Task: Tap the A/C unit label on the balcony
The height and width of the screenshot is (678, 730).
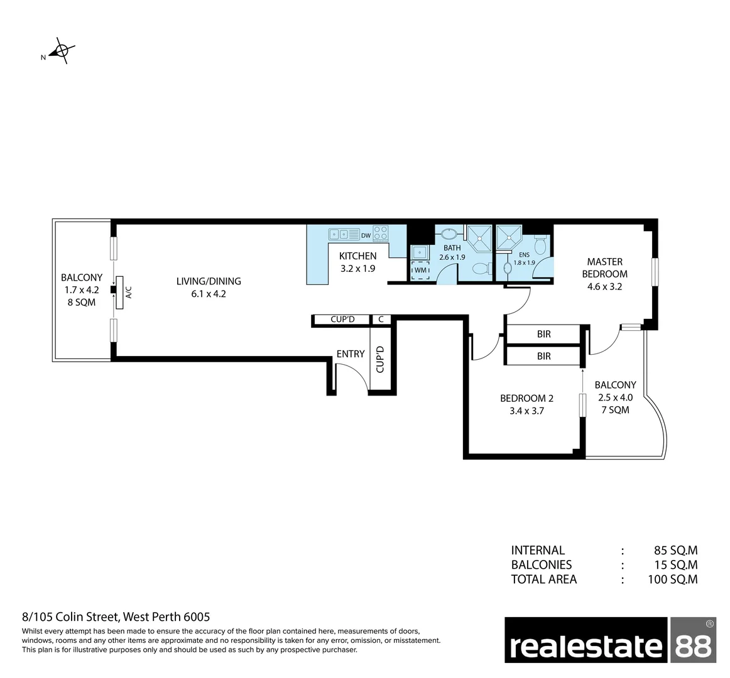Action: tap(128, 293)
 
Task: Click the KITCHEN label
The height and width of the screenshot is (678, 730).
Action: tap(357, 256)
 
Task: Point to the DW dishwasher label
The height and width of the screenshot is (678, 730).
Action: tap(366, 235)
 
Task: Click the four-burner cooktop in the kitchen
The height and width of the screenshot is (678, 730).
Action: tap(380, 234)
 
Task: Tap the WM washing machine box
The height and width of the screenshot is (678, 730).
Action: tap(420, 270)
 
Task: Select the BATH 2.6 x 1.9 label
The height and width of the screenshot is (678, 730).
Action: tap(452, 252)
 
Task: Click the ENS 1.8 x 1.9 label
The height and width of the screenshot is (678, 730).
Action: tap(524, 259)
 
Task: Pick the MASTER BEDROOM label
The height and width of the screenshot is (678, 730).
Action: tap(604, 267)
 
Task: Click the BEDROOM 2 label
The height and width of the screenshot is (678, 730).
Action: tap(526, 398)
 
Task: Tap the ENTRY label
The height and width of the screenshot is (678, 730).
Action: tap(350, 354)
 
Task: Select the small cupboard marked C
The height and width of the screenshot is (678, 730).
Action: tap(381, 320)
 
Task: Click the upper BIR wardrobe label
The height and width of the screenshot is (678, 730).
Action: tap(543, 335)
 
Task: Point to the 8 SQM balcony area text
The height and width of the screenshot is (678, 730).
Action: tap(82, 302)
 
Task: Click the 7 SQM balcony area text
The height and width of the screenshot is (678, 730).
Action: tap(615, 410)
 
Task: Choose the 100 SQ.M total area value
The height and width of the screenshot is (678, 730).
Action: tap(672, 579)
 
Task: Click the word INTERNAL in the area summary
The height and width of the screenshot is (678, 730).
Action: tap(538, 550)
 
